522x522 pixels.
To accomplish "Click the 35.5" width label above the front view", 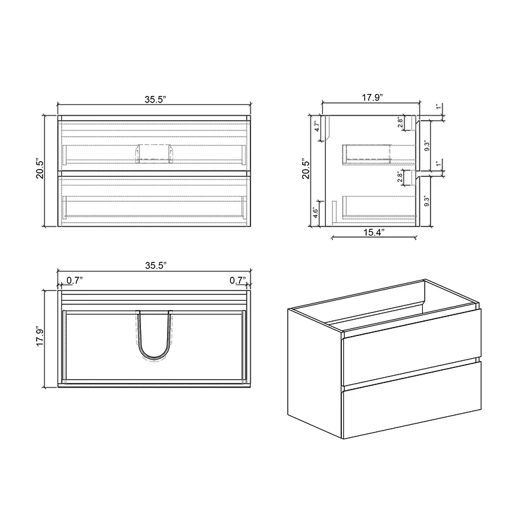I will coord(155,99).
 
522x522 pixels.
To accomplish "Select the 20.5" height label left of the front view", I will coord(40,169).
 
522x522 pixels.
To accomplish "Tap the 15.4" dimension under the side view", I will coord(374,232).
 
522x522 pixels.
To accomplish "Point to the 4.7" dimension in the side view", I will coord(317,126).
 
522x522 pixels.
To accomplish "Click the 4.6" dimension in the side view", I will coord(317,213).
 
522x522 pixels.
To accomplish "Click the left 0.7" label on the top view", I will coord(74,281).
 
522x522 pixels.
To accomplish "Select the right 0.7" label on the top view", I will coord(237,281).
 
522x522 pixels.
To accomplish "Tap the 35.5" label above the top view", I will coord(155,266).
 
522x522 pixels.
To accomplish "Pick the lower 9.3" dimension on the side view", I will coord(428,201).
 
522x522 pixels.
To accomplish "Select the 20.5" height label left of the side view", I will coord(304,169).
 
